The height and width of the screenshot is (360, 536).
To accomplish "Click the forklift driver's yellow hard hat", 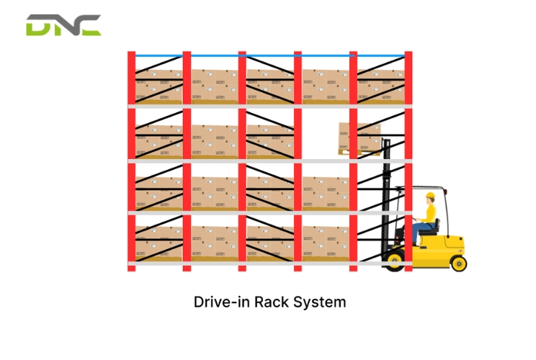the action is click(430, 195).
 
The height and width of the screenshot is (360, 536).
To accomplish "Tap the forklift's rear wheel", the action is click(459, 264).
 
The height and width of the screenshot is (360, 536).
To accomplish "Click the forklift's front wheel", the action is click(395, 261).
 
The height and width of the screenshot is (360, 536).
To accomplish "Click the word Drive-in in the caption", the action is click(221, 302).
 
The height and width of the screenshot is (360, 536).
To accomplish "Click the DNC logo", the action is click(63, 25).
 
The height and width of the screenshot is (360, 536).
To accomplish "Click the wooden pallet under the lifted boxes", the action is click(359, 153).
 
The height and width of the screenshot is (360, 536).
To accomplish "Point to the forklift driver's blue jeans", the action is click(421, 230).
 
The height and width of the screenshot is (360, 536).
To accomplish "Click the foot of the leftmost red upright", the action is click(132, 269).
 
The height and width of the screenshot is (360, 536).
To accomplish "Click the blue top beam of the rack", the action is click(270, 55).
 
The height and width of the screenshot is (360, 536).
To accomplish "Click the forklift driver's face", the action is click(429, 201).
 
